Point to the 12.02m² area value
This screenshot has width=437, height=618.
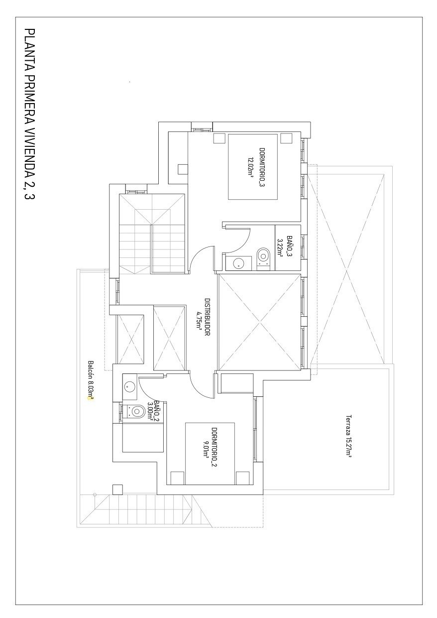pyautogui.click(x=251, y=167)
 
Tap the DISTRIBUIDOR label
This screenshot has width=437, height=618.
pyautogui.click(x=207, y=317)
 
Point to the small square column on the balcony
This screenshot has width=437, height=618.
pyautogui.click(x=117, y=489)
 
